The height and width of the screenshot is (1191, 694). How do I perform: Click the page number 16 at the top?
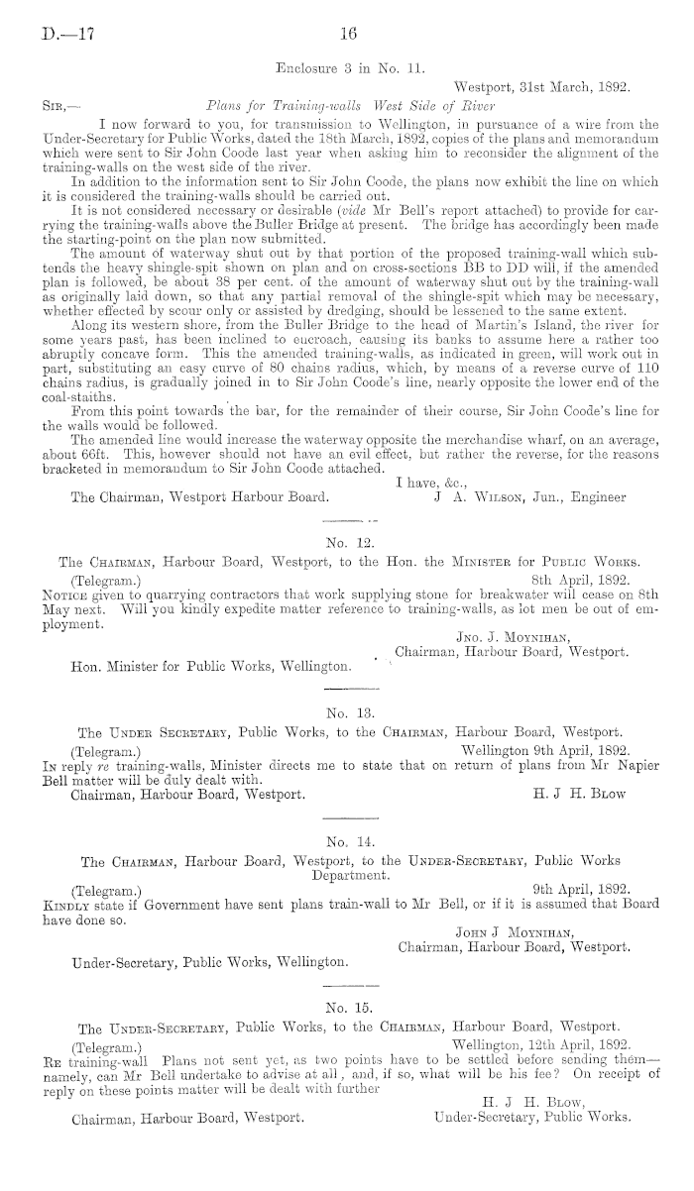point(348,34)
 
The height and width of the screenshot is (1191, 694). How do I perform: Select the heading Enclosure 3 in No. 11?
point(347,68)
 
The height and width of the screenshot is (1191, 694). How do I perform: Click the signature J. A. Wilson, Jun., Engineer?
point(531,497)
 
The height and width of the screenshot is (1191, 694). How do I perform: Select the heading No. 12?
point(347,542)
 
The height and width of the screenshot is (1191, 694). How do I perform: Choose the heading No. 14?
point(347,843)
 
